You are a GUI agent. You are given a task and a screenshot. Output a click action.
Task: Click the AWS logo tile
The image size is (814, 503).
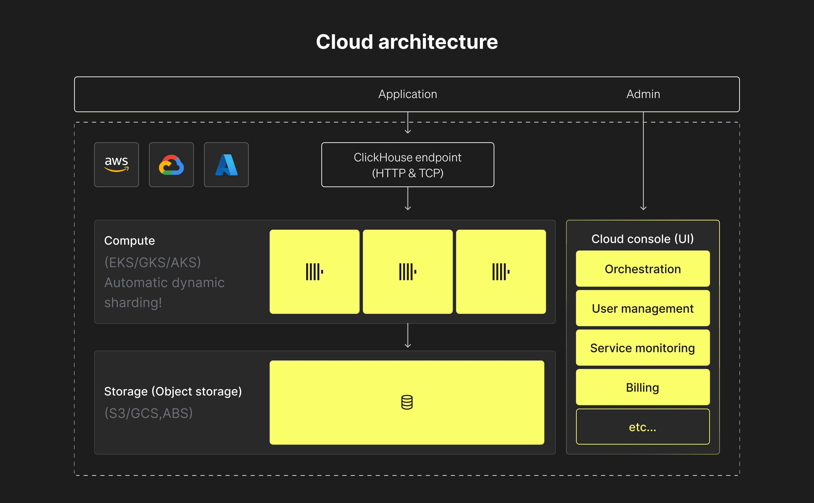[117, 165]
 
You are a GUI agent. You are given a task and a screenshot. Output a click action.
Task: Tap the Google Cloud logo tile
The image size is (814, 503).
[171, 165]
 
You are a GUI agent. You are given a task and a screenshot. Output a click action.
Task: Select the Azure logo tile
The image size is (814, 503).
[226, 165]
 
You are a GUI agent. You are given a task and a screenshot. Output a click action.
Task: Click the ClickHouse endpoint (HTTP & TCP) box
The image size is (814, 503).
[408, 165]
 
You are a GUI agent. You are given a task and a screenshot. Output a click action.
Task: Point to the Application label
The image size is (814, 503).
[408, 94]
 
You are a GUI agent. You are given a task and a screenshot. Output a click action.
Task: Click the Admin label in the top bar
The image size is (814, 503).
[643, 94]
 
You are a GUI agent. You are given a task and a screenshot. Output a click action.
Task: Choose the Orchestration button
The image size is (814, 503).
[643, 269]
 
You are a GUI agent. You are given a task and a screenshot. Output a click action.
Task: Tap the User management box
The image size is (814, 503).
[643, 308]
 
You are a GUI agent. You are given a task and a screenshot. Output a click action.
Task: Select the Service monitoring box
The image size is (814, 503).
[643, 348]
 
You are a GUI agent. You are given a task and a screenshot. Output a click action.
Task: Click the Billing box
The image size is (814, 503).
[643, 387]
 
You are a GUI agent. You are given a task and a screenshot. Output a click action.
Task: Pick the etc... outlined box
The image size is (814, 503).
[643, 427]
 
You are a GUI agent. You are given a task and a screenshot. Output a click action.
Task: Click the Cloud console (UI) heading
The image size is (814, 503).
[643, 239]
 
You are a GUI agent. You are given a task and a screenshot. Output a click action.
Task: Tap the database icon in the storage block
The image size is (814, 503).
[407, 402]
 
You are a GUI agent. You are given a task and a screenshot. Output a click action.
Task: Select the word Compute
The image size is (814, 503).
[129, 241]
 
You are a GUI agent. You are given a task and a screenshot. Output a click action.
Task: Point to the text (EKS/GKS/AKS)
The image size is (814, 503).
[153, 262]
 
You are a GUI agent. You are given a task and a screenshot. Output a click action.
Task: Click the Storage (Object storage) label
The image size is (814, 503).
[173, 392]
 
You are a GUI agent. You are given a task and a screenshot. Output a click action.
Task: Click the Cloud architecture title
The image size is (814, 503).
[407, 42]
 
